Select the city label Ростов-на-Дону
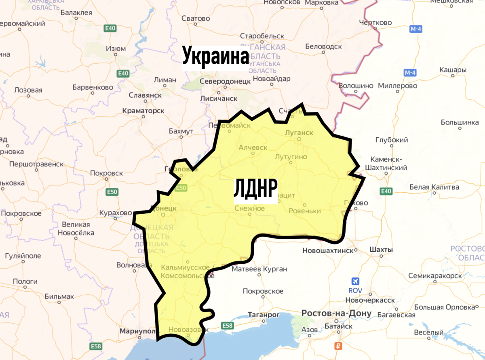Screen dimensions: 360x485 click(x=331, y=314)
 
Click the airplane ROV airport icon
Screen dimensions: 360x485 click(x=356, y=282)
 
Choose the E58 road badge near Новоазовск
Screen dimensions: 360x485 click(x=228, y=325)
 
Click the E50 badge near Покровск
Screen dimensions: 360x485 click(x=112, y=192)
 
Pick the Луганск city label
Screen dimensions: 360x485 click(x=299, y=133)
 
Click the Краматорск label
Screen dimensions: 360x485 click(x=143, y=110)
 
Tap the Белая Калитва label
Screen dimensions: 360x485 click(x=434, y=187)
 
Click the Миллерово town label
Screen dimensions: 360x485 click(x=398, y=86)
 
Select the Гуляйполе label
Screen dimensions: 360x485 click(x=23, y=256)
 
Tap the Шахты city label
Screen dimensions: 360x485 click(x=381, y=250)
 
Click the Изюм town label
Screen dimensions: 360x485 click(x=116, y=48)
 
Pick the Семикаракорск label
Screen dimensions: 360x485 click(x=435, y=276)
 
